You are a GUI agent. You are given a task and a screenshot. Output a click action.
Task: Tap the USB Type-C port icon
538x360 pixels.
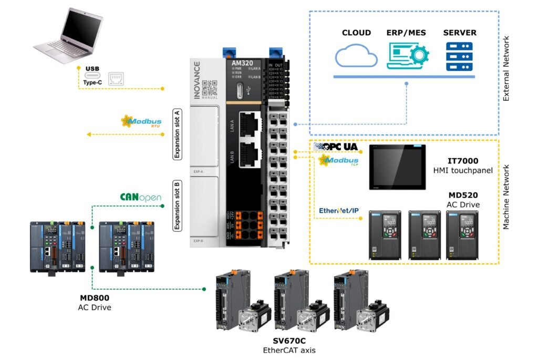point(93,78)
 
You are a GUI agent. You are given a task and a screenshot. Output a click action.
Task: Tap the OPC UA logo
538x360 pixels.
point(336,147)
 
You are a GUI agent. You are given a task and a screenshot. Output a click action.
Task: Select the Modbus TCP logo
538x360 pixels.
point(339,160)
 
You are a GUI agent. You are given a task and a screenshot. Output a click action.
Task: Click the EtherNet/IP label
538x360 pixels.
point(339,211)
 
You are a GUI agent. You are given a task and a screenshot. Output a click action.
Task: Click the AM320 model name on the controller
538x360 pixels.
point(242,63)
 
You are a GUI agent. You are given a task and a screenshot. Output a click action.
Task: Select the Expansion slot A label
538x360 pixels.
point(177,135)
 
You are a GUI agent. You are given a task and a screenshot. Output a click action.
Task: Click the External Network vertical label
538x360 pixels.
point(506,68)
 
